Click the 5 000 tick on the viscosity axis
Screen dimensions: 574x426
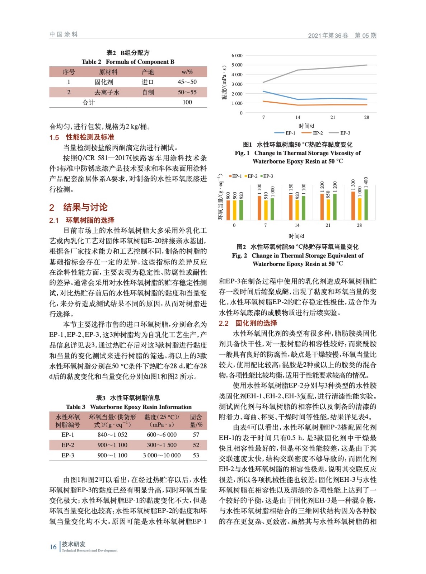[237, 65]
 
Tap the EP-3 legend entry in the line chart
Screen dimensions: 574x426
[345, 133]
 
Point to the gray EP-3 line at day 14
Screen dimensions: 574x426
[298, 70]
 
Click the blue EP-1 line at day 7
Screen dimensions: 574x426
[263, 91]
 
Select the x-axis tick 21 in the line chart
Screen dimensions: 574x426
[333, 117]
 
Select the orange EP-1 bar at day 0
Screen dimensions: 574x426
[228, 210]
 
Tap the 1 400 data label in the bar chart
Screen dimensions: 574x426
[366, 181]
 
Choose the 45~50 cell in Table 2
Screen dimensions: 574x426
[187, 82]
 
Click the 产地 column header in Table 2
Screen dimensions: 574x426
[148, 72]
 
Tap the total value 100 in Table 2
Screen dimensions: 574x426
[187, 102]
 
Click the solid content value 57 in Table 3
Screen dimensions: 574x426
[196, 434]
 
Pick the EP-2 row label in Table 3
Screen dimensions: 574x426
[67, 445]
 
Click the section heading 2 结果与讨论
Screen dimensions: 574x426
[78, 207]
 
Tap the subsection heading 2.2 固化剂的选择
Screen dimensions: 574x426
[248, 323]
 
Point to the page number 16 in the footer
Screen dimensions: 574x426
[53, 547]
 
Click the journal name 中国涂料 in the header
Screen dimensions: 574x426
[64, 34]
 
